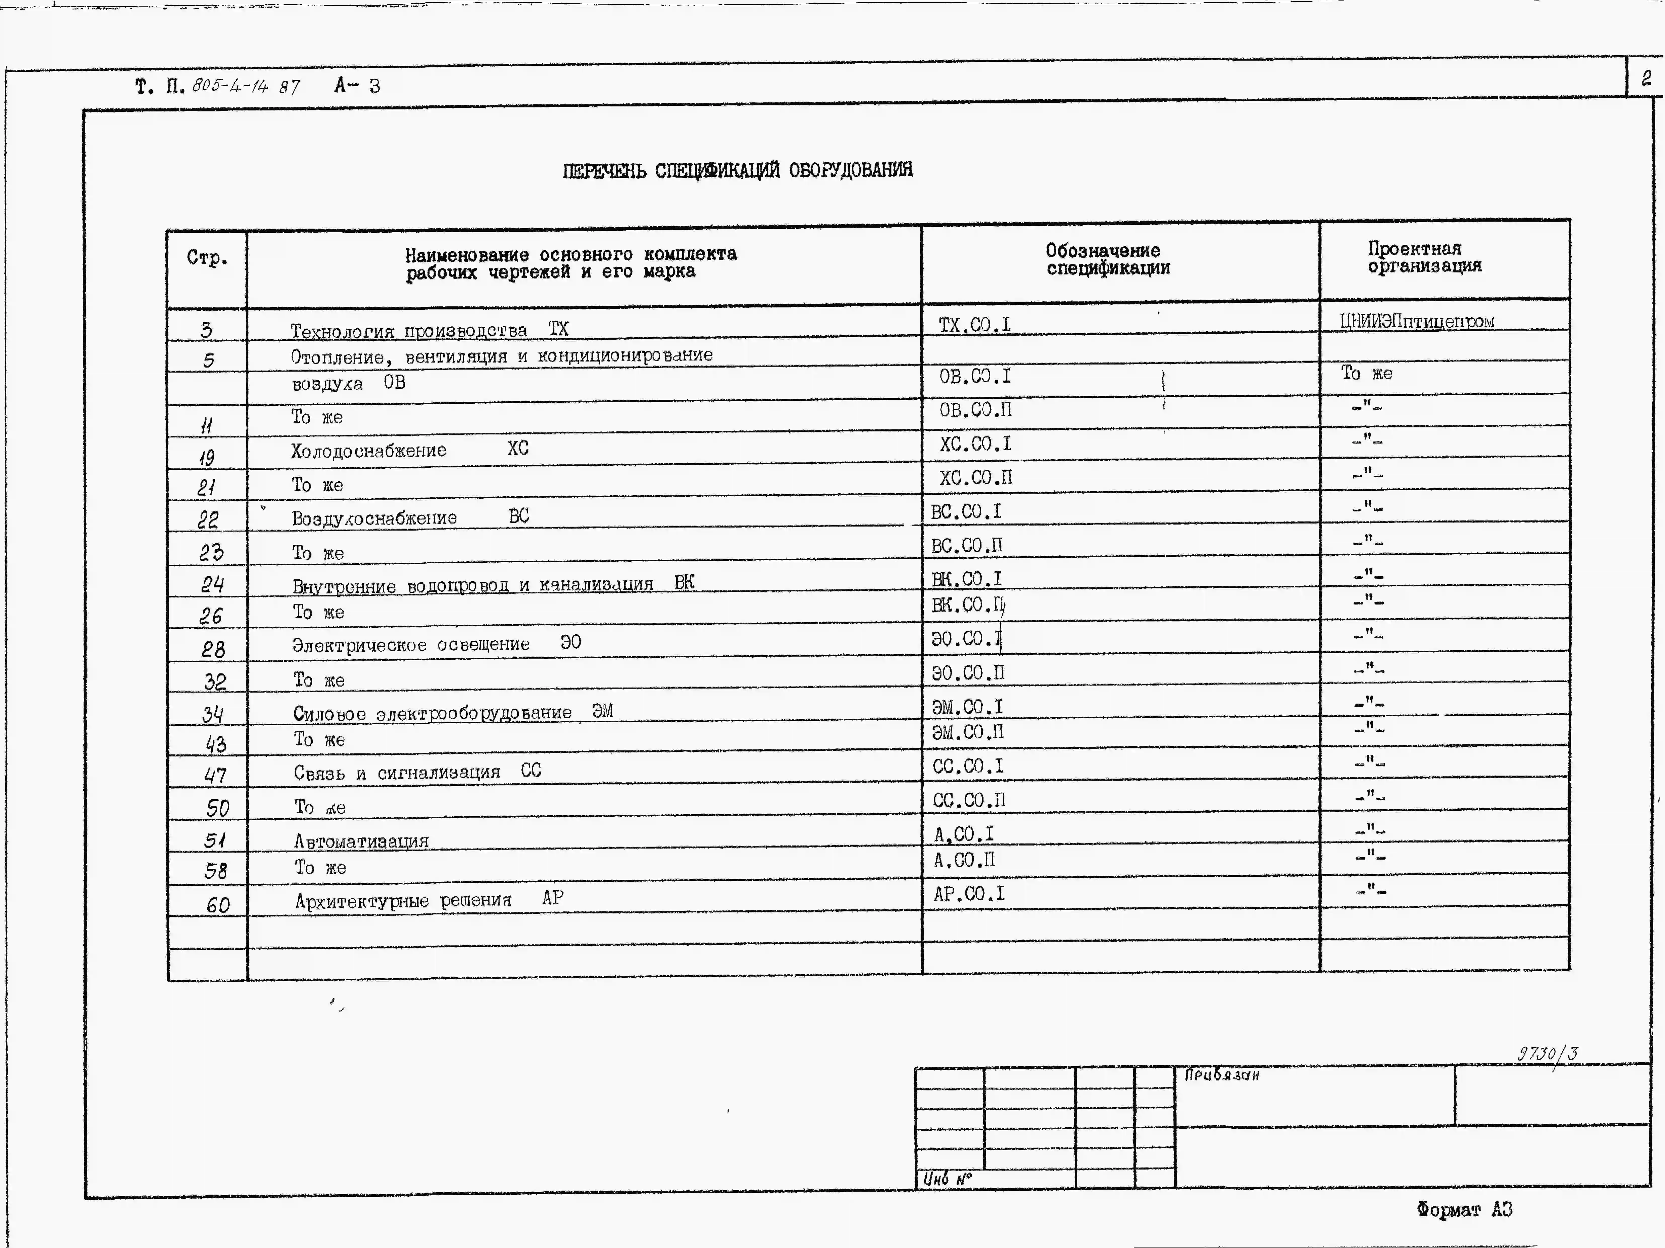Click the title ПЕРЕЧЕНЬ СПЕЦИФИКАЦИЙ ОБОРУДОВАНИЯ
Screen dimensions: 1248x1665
pos(738,171)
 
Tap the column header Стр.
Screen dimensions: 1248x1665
pos(207,258)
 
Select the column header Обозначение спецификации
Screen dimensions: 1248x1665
pos(1107,260)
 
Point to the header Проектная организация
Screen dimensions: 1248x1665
pos(1424,257)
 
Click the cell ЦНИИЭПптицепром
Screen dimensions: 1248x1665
pos(1417,321)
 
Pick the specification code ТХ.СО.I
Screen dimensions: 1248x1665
pos(974,325)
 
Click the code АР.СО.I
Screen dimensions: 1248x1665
pos(969,894)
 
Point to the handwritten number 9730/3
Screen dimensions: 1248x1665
pos(1547,1053)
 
